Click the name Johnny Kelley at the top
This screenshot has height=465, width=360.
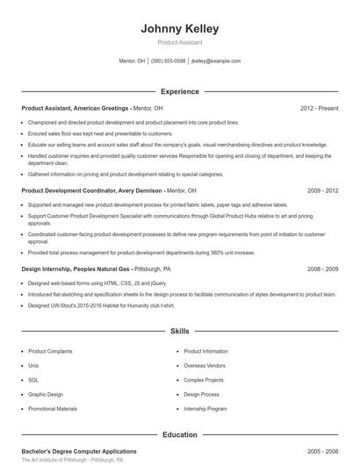click(x=179, y=29)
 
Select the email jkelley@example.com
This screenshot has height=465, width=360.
click(x=215, y=61)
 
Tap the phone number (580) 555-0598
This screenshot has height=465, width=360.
click(x=168, y=61)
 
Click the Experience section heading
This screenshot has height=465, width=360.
click(x=179, y=91)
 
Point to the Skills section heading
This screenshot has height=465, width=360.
click(x=179, y=332)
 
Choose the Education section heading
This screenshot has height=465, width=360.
click(x=179, y=434)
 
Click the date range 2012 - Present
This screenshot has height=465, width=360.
click(x=319, y=108)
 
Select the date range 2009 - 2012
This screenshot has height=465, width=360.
click(x=322, y=190)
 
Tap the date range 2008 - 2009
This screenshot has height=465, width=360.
click(x=322, y=269)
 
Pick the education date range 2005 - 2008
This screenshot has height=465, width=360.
click(x=322, y=451)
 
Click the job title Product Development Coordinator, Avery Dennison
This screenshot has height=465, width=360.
click(x=92, y=190)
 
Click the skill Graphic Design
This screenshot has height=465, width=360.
click(x=46, y=395)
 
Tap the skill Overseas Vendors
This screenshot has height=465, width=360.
click(x=205, y=366)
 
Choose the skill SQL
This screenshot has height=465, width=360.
click(x=33, y=380)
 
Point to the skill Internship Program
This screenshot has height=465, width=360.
click(x=205, y=409)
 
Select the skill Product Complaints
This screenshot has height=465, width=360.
click(x=50, y=351)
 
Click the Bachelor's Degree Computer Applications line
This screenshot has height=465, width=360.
click(x=78, y=451)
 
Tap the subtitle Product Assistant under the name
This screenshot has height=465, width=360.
click(x=179, y=42)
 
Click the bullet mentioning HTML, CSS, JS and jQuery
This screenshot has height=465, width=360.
click(x=97, y=284)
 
